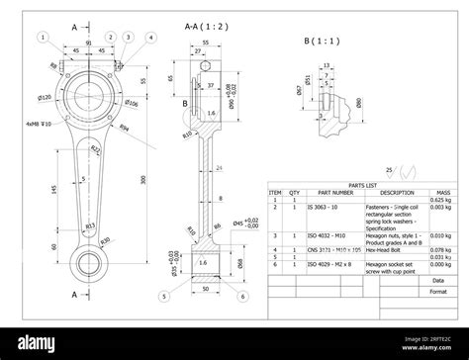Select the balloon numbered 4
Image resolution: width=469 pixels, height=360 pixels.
click(150, 38)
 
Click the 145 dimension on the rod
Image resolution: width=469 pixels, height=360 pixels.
click(52, 189)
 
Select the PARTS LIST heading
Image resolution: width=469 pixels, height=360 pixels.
click(363, 185)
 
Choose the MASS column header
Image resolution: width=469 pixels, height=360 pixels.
click(442, 193)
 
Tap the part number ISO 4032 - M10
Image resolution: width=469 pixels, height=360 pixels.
click(325, 236)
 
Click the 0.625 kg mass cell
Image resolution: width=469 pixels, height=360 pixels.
click(442, 201)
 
